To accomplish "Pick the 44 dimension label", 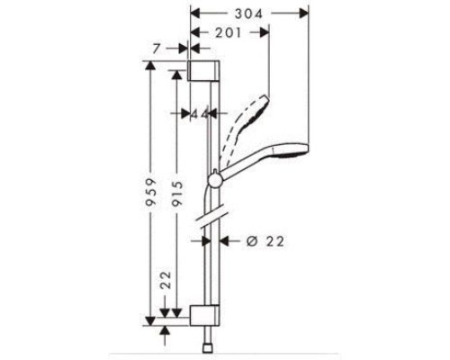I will [199, 114].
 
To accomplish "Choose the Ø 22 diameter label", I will [262, 240].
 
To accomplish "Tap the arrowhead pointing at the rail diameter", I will [224, 240].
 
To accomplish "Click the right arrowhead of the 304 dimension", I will [304, 13].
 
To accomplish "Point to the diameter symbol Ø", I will [250, 240].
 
